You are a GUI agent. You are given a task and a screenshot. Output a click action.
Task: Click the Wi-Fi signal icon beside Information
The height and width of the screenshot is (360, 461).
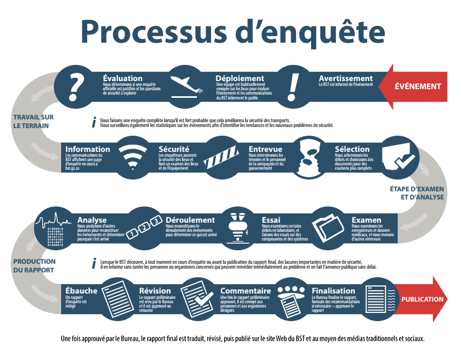click(x=132, y=157)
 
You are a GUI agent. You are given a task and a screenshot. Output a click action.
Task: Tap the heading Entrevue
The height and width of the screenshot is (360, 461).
click(x=265, y=149)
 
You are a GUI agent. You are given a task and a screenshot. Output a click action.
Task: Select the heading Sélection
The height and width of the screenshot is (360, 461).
click(x=352, y=149)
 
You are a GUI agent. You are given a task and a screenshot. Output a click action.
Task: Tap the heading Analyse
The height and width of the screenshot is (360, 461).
click(x=92, y=220)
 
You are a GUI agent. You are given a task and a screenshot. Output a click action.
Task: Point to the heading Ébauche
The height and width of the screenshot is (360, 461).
click(x=81, y=291)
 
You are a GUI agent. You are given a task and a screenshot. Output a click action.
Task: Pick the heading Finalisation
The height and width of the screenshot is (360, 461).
click(x=333, y=291)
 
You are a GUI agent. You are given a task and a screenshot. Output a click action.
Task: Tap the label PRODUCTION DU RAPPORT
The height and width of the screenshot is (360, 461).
click(x=34, y=265)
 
